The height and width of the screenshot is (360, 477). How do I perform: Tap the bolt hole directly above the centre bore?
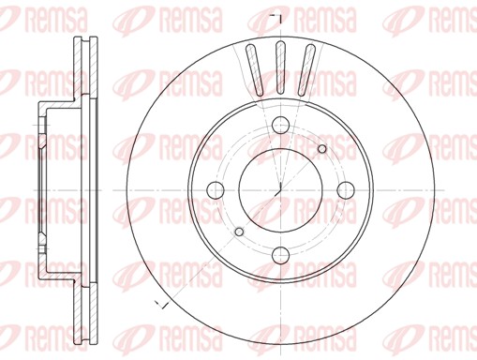[280, 127]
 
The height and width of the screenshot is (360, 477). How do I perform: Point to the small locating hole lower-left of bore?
[238, 231]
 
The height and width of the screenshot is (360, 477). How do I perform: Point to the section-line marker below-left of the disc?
[159, 304]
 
